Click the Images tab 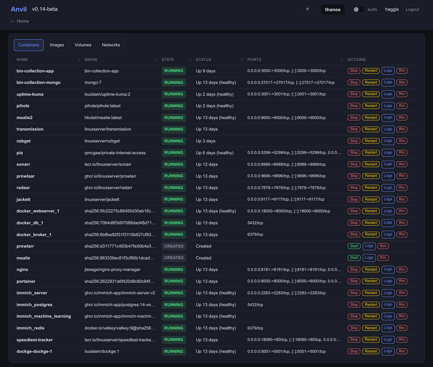pos(57,45)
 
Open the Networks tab pos(111,45)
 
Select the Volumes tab pos(83,45)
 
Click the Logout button pos(412,10)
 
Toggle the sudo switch pos(358,10)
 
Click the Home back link pos(20,21)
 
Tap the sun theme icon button pos(307,9)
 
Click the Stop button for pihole pos(354,106)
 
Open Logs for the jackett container pos(388,199)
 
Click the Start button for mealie pos(354,258)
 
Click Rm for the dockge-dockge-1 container pos(402,351)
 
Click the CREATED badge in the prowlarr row pos(173,246)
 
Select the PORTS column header pos(254,60)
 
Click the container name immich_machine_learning pos(43,316)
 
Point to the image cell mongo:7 pos(93,83)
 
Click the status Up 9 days pos(206,71)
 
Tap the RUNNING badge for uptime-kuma pos(173,94)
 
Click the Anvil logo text pos(19,9)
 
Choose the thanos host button pos(333,10)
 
